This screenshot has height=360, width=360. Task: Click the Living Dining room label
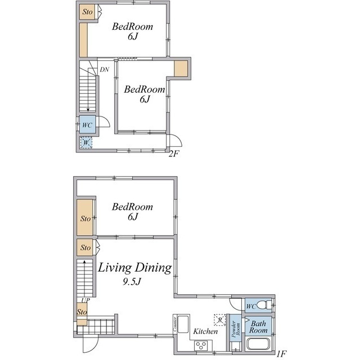click(x=135, y=268)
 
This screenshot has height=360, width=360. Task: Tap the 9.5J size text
click(x=132, y=281)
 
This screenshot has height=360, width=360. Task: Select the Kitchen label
click(x=205, y=331)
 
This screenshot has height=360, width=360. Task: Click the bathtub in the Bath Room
click(x=258, y=344)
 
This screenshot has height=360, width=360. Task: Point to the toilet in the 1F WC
click(x=264, y=305)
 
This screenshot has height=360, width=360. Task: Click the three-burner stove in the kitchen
click(x=201, y=345)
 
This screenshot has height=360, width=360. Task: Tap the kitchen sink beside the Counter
click(x=183, y=324)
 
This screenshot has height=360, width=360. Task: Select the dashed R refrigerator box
click(x=220, y=320)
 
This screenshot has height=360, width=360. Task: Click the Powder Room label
click(x=236, y=329)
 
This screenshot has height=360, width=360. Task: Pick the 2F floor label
click(x=174, y=154)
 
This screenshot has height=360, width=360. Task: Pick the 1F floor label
click(x=281, y=354)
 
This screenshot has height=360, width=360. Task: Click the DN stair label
click(x=105, y=69)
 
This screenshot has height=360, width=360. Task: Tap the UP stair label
click(x=85, y=300)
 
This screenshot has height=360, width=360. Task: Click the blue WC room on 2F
click(x=88, y=125)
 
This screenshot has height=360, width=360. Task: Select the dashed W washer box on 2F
click(x=86, y=142)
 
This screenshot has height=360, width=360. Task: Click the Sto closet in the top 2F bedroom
click(x=87, y=12)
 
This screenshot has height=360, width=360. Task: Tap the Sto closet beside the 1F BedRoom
click(x=85, y=218)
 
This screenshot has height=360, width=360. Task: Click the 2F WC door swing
click(x=104, y=121)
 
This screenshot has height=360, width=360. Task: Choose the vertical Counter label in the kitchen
click(x=175, y=325)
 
